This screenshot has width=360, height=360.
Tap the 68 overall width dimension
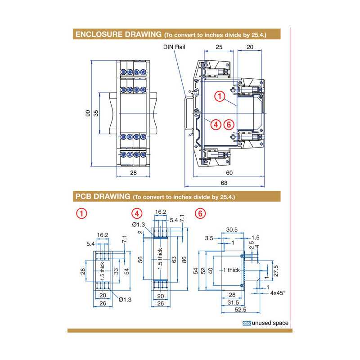224,183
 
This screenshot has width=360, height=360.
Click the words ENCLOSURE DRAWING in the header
118,34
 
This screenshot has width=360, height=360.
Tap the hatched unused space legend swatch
247,323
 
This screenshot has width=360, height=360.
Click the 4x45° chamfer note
278,292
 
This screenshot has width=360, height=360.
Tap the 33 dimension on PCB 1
116,271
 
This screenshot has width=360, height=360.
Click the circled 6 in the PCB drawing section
200,213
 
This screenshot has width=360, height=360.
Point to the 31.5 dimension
233,302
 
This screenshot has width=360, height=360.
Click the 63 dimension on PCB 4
173,260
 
